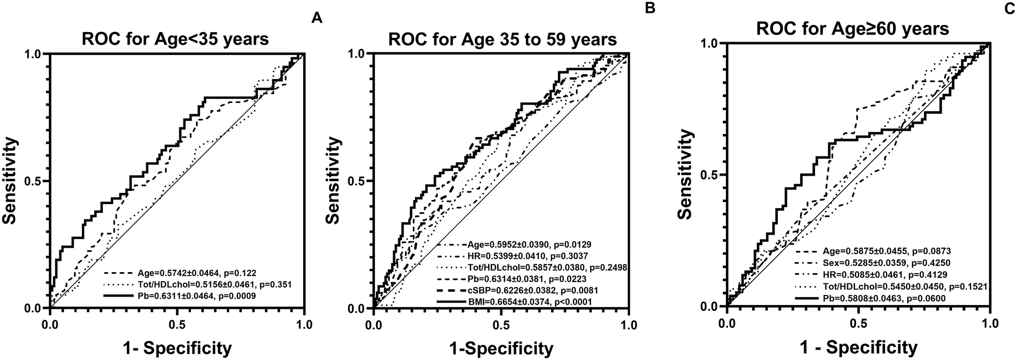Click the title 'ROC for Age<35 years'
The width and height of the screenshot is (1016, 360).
click(176, 39)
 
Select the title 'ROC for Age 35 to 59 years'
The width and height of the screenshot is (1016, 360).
click(502, 39)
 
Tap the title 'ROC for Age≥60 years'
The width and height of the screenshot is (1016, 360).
click(852, 28)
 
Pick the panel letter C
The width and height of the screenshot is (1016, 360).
click(1009, 8)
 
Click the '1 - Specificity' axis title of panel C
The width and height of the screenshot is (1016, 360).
click(859, 347)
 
